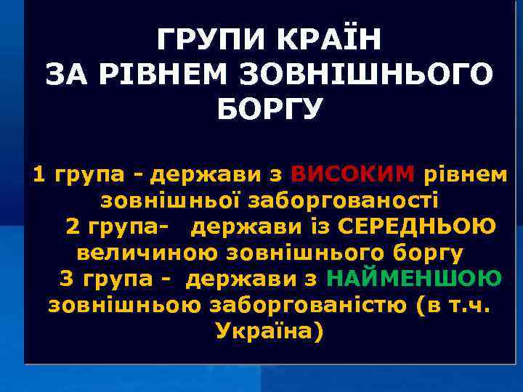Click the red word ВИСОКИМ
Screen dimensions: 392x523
point(352,174)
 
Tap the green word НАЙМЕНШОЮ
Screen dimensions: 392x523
point(413,278)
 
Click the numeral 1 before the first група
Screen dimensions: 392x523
point(39,174)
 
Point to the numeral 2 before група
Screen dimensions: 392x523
point(73,226)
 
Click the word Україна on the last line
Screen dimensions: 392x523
point(268,331)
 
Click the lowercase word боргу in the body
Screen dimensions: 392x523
point(426,253)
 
